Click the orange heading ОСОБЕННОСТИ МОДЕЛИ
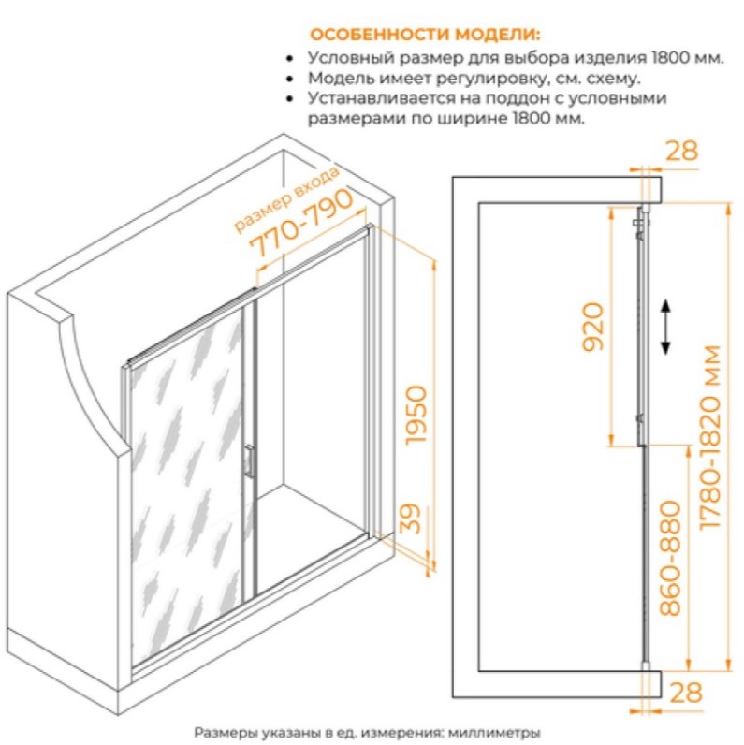click(425, 35)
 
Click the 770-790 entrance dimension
click(301, 222)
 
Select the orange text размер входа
click(287, 199)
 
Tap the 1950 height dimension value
click(416, 415)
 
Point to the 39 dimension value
click(410, 519)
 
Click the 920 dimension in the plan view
click(593, 327)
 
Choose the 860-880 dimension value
click(670, 558)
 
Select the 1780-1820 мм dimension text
click(711, 437)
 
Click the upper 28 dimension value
click(681, 151)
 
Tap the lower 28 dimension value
click(686, 693)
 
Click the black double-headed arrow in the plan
click(665, 327)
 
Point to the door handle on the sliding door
click(249, 460)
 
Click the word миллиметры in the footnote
click(494, 733)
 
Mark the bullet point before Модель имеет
click(289, 79)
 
